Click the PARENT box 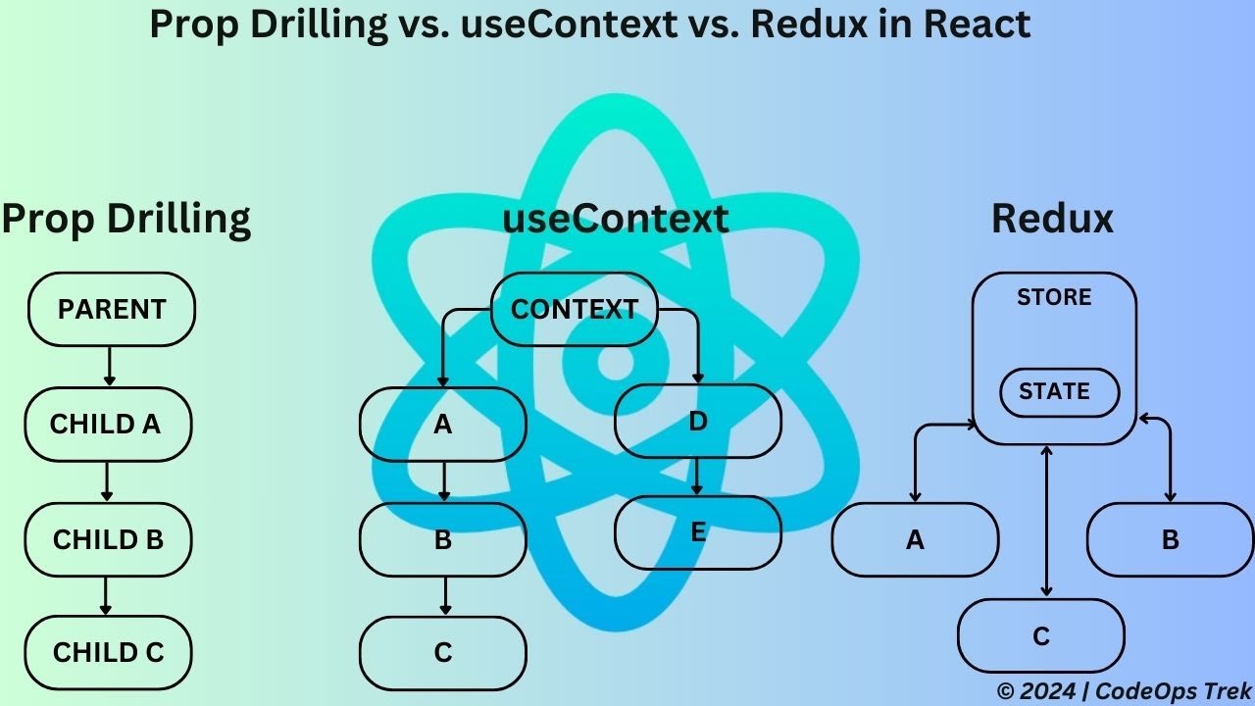[x=112, y=309]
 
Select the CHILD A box [x=107, y=424]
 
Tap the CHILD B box [x=108, y=539]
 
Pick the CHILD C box [x=108, y=652]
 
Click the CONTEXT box [x=574, y=309]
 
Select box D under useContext [x=698, y=422]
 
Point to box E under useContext [x=698, y=532]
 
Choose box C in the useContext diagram [x=443, y=652]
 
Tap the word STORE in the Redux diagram [x=1054, y=297]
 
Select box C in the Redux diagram [x=1041, y=636]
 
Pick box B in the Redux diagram [x=1170, y=539]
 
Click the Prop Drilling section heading [x=125, y=218]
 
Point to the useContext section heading [x=616, y=218]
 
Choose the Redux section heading [x=1053, y=218]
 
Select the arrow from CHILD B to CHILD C [x=106, y=594]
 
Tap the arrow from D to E [x=698, y=478]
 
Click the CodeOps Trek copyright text [x=1124, y=690]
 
